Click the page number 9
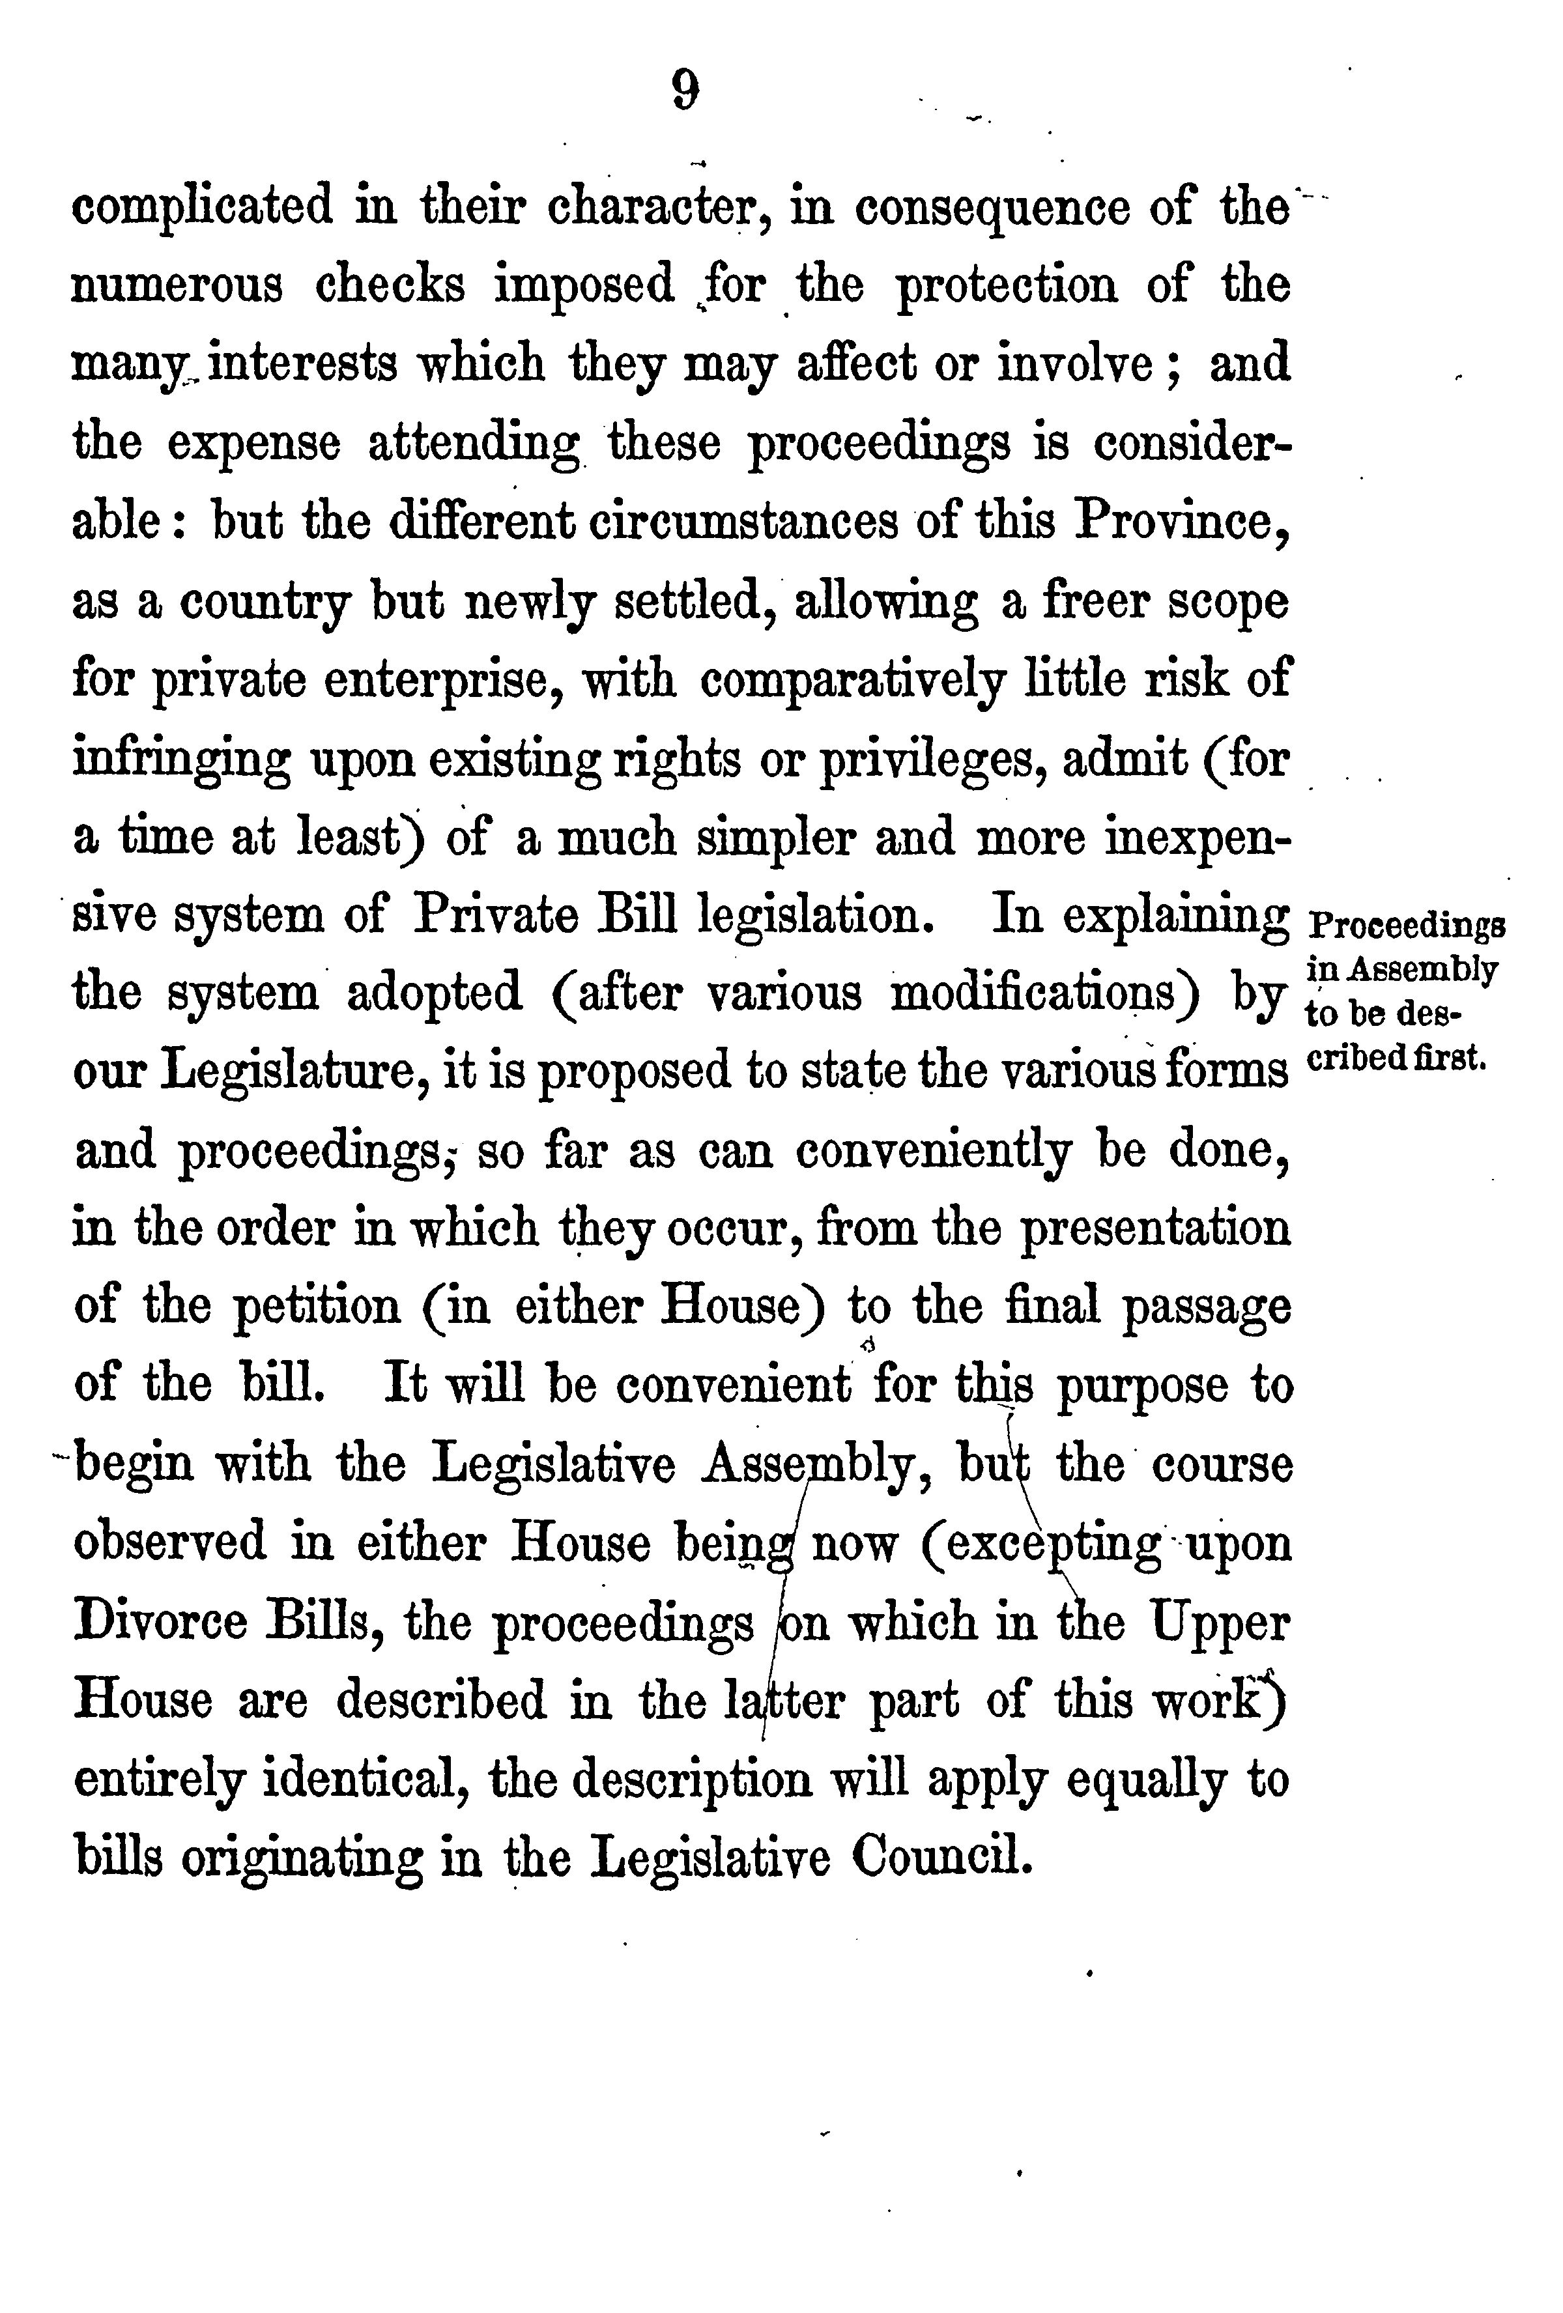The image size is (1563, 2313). point(685,92)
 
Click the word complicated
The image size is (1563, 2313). point(203,207)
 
